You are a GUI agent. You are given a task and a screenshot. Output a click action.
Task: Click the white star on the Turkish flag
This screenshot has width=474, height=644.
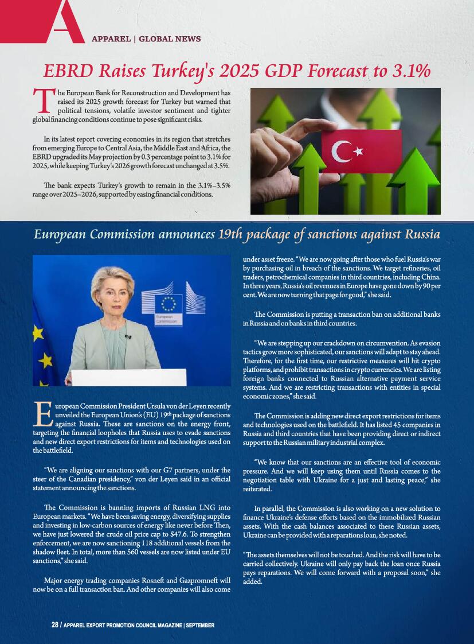[359, 152]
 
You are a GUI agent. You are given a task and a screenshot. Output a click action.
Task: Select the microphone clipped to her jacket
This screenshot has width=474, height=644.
[128, 337]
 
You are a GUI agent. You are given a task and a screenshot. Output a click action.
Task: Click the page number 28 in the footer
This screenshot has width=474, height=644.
[55, 624]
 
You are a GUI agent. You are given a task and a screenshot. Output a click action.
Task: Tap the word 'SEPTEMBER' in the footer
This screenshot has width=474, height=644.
[201, 624]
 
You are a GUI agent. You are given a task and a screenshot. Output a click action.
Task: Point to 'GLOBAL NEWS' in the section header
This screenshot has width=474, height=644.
[170, 39]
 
